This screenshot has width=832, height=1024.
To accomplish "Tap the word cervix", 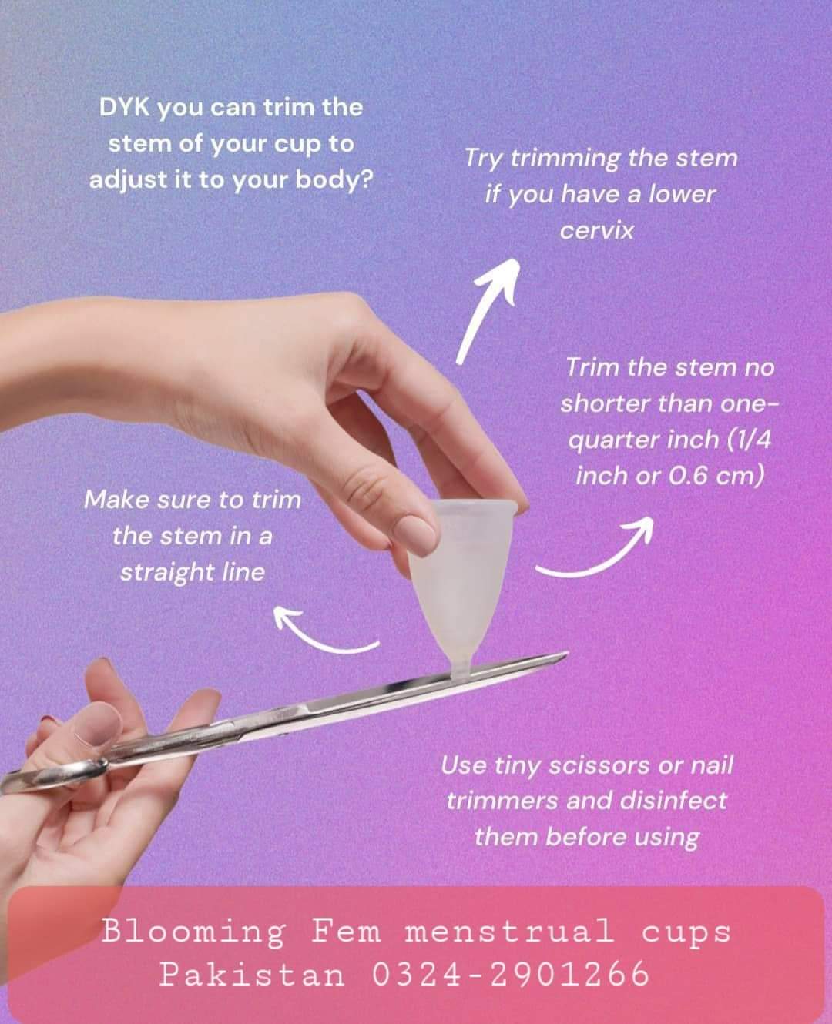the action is coord(597,230).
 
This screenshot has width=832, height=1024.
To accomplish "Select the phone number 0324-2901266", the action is coord(511,974).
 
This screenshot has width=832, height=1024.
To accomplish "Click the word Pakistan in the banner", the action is coord(252,974).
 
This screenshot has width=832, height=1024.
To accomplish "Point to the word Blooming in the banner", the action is coord(193,931).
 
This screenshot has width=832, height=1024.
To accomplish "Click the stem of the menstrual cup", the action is coord(460,666).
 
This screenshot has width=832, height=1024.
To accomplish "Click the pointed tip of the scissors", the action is coord(566,654).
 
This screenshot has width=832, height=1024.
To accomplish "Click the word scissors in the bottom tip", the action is coord(599,766).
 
